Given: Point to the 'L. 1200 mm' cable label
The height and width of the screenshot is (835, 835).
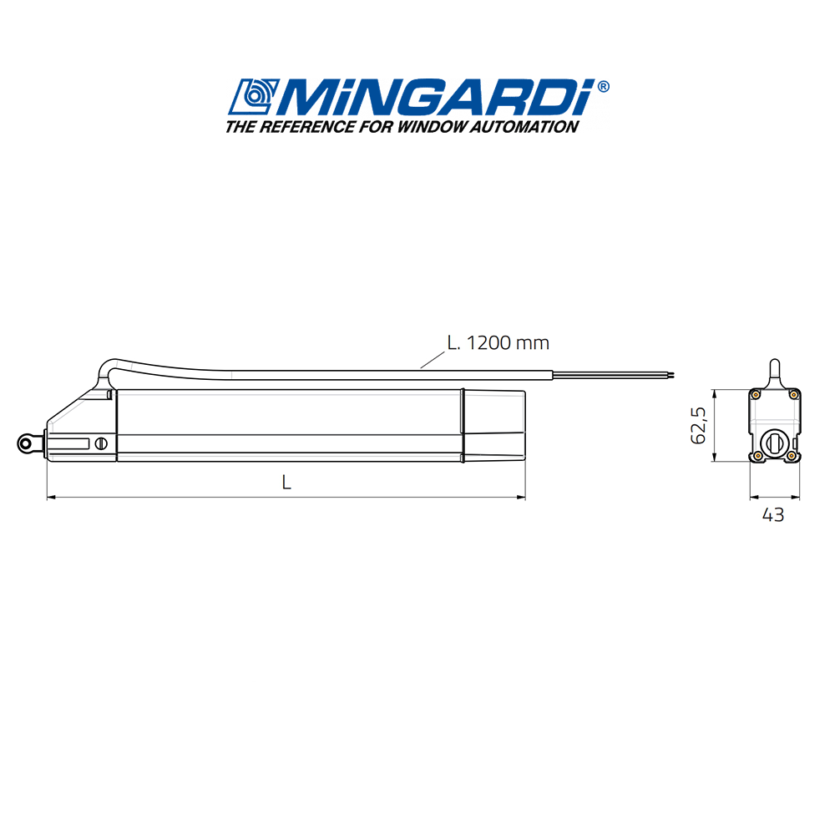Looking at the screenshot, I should [x=498, y=342].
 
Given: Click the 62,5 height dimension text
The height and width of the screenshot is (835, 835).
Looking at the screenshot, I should [x=699, y=424].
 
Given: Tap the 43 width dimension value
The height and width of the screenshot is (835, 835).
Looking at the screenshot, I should [x=773, y=515].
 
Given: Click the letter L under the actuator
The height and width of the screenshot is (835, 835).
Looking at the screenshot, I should [x=286, y=483].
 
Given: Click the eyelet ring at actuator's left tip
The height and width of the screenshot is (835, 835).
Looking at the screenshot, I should [x=27, y=444].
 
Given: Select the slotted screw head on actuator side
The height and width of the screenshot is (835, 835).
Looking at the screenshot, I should [x=102, y=444].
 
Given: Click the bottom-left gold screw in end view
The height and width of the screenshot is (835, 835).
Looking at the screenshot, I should [x=756, y=455].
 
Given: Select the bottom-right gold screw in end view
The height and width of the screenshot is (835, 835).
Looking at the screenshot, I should [x=792, y=455].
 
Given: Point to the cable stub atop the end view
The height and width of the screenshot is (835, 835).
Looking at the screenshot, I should [x=774, y=371].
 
